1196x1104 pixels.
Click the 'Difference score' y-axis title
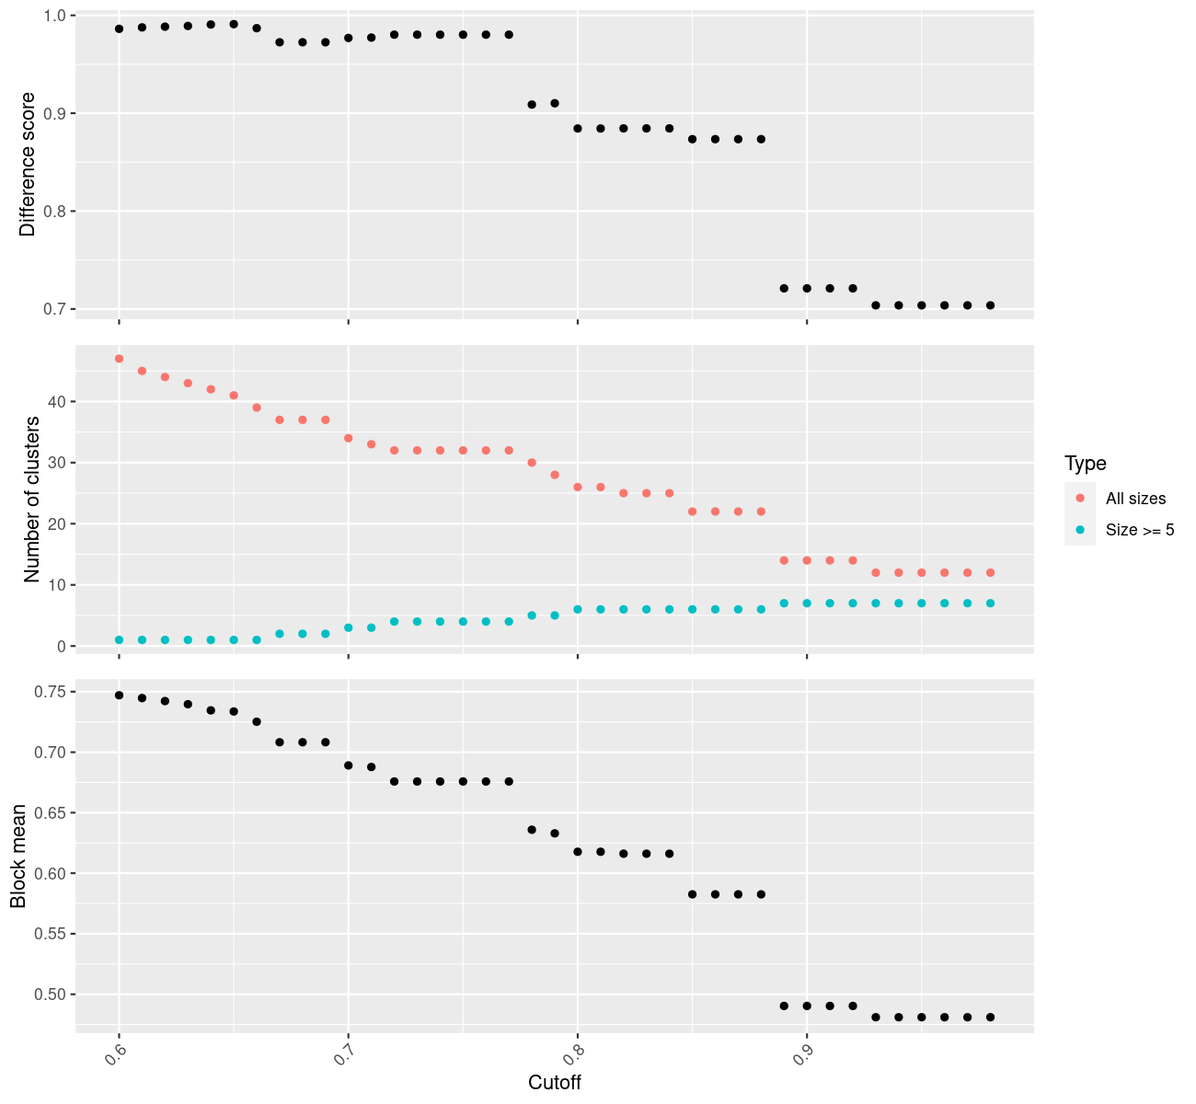pyautogui.click(x=28, y=165)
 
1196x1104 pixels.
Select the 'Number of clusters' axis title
pyautogui.click(x=31, y=500)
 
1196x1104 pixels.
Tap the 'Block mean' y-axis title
pyautogui.click(x=18, y=856)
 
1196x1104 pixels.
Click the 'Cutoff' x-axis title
pyautogui.click(x=554, y=1082)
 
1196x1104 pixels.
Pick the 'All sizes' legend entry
pyautogui.click(x=1135, y=499)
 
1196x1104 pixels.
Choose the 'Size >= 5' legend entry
pyautogui.click(x=1139, y=530)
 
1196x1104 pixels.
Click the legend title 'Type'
pyautogui.click(x=1086, y=464)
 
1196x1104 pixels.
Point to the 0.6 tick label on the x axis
pyautogui.click(x=115, y=1055)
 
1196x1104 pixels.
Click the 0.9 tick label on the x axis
pyautogui.click(x=803, y=1055)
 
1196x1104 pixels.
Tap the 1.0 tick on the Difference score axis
pyautogui.click(x=54, y=15)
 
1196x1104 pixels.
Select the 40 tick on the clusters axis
pyautogui.click(x=57, y=402)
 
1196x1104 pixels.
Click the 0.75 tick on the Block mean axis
pyautogui.click(x=50, y=692)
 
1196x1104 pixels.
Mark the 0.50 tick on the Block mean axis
pyautogui.click(x=50, y=995)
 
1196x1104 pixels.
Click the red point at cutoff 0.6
pyautogui.click(x=120, y=359)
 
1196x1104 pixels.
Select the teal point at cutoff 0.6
pyautogui.click(x=120, y=640)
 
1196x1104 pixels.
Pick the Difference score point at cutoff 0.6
pyautogui.click(x=120, y=29)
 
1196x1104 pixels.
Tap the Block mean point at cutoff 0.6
pyautogui.click(x=120, y=696)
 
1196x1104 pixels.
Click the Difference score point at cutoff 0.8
pyautogui.click(x=578, y=129)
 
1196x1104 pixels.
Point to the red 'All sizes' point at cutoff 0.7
pyautogui.click(x=348, y=439)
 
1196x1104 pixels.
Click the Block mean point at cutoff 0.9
pyautogui.click(x=807, y=1006)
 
